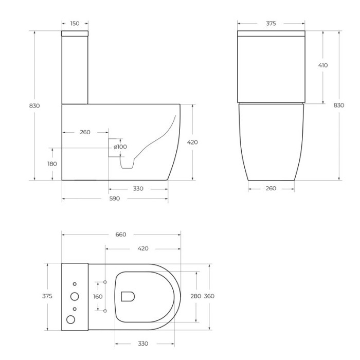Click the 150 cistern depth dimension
pyautogui.click(x=75, y=23)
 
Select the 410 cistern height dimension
pyautogui.click(x=323, y=65)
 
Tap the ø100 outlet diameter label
pyautogui.click(x=120, y=147)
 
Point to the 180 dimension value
pyautogui.click(x=52, y=164)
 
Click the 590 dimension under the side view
pyautogui.click(x=114, y=199)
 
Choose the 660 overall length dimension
pyautogui.click(x=120, y=235)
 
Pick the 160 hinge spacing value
pyautogui.click(x=98, y=297)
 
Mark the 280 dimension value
pyautogui.click(x=195, y=296)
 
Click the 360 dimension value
pyautogui.click(x=209, y=296)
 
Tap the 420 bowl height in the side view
pyautogui.click(x=192, y=142)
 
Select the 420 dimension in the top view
pyautogui.click(x=143, y=248)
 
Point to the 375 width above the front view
pyautogui.click(x=271, y=23)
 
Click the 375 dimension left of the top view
pyautogui.click(x=47, y=296)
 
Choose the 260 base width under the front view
pyautogui.click(x=271, y=188)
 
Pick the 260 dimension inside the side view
pyautogui.click(x=85, y=132)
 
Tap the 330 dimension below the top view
pyautogui.click(x=143, y=344)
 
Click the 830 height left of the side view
pyautogui.click(x=34, y=105)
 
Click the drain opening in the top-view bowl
pyautogui.click(x=128, y=296)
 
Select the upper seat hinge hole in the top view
pyautogui.click(x=105, y=282)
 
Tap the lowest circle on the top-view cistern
pyautogui.click(x=71, y=319)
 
